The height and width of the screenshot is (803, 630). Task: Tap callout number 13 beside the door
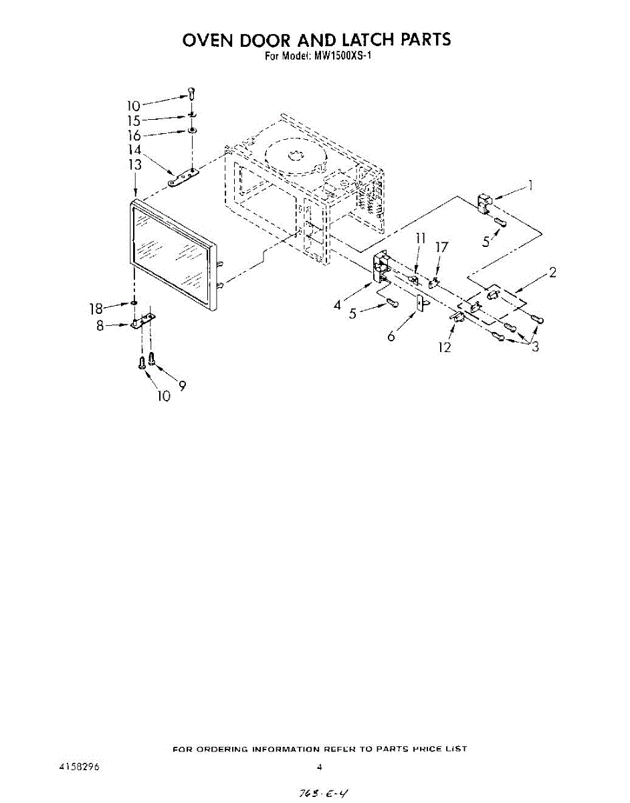point(134,165)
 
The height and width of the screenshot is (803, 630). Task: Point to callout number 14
point(134,151)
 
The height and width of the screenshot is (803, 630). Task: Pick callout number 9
point(182,385)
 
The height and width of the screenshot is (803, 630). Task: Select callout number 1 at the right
point(531,185)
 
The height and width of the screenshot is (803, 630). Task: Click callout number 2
point(552,272)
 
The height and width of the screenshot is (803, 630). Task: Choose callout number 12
point(445,347)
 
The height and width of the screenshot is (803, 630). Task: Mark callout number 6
point(391,337)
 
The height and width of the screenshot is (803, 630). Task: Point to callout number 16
point(134,135)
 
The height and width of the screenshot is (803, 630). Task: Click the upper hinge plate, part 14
point(183,177)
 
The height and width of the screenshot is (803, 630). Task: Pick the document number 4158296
point(80,767)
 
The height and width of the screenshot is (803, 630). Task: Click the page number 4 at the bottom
point(319,767)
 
